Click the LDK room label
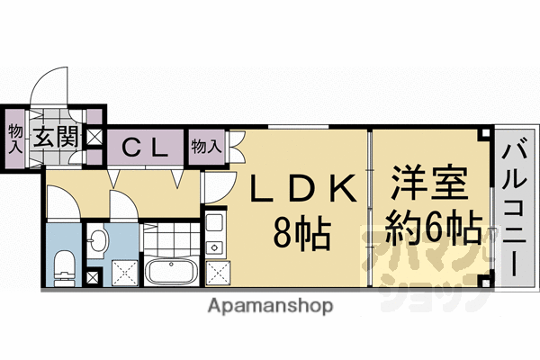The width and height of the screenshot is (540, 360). pos(303,188)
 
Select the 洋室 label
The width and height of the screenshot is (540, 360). pos(429,183)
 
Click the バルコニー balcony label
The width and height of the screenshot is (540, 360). pos(514,210)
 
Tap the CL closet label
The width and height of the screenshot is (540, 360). pos(145,148)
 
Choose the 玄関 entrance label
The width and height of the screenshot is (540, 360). pos(58,137)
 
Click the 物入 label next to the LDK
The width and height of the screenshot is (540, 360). pos(206,147)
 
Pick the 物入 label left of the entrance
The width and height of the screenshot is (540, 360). pos(15,139)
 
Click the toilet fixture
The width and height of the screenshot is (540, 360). pos(65,269)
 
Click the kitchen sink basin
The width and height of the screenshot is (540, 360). pos(215,223)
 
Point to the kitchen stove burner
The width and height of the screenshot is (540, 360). pos(214,247)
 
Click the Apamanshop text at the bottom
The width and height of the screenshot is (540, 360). pos(270,306)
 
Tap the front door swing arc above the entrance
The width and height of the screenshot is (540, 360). pos(49,85)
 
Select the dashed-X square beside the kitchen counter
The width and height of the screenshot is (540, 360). pos(219,274)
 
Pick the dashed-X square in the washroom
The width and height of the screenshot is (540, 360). pos(125,273)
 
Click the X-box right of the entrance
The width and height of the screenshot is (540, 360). pos(94,138)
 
